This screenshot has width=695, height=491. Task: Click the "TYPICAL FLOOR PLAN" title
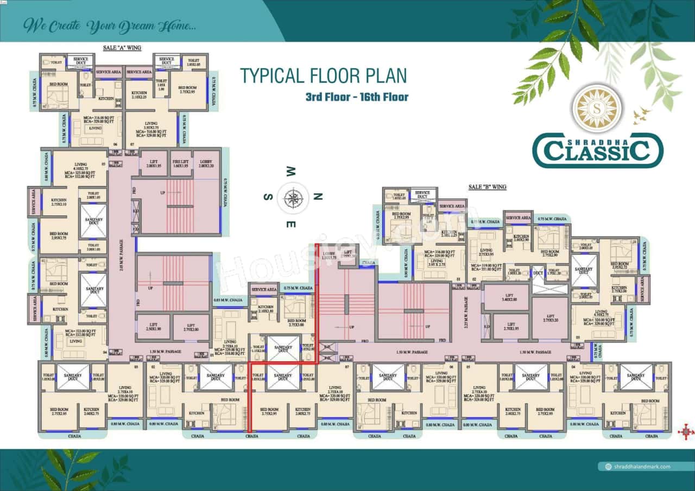pyautogui.click(x=324, y=75)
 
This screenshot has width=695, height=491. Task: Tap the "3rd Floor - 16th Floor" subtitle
pyautogui.click(x=356, y=97)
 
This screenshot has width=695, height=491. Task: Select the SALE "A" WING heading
pyautogui.click(x=122, y=48)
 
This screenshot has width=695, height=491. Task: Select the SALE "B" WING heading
pyautogui.click(x=487, y=187)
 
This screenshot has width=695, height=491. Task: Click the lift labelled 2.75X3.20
pyautogui.click(x=549, y=318)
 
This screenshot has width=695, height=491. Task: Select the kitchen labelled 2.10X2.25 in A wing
pyautogui.click(x=139, y=95)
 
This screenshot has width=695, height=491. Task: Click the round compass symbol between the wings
pyautogui.click(x=293, y=196)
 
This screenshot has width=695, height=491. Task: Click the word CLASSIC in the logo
pyautogui.click(x=597, y=151)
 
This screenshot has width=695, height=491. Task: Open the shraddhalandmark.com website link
pyautogui.click(x=640, y=467)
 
